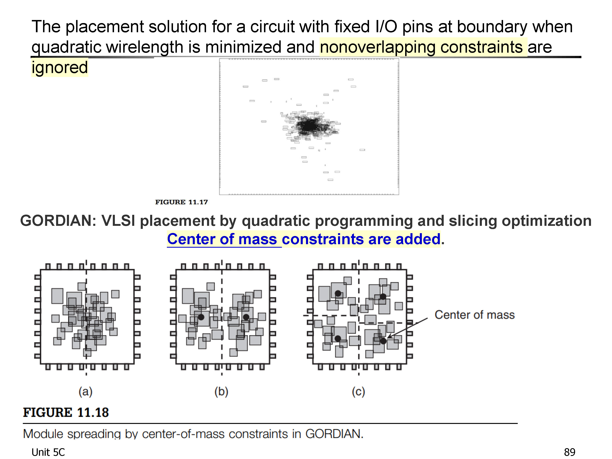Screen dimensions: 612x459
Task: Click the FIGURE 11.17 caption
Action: [x=182, y=202]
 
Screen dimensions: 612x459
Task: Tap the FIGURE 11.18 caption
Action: [x=66, y=412]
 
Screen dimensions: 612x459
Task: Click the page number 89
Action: [x=569, y=452]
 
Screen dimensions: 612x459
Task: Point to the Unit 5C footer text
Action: [x=48, y=452]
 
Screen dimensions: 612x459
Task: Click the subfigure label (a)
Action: [x=85, y=392]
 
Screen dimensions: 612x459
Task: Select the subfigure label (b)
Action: [x=221, y=392]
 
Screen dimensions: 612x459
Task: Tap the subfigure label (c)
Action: [x=359, y=392]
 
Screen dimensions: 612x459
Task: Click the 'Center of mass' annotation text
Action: [x=475, y=315]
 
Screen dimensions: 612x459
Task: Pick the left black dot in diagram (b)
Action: [x=201, y=317]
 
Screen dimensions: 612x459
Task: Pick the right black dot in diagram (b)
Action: [x=246, y=317]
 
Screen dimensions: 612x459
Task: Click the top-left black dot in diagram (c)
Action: [x=338, y=293]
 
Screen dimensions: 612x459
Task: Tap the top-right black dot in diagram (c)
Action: [x=383, y=297]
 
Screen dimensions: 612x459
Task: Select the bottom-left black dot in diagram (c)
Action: [x=338, y=338]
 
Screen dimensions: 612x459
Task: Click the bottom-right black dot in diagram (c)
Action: [x=383, y=341]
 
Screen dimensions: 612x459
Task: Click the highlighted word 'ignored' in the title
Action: [x=60, y=68]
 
